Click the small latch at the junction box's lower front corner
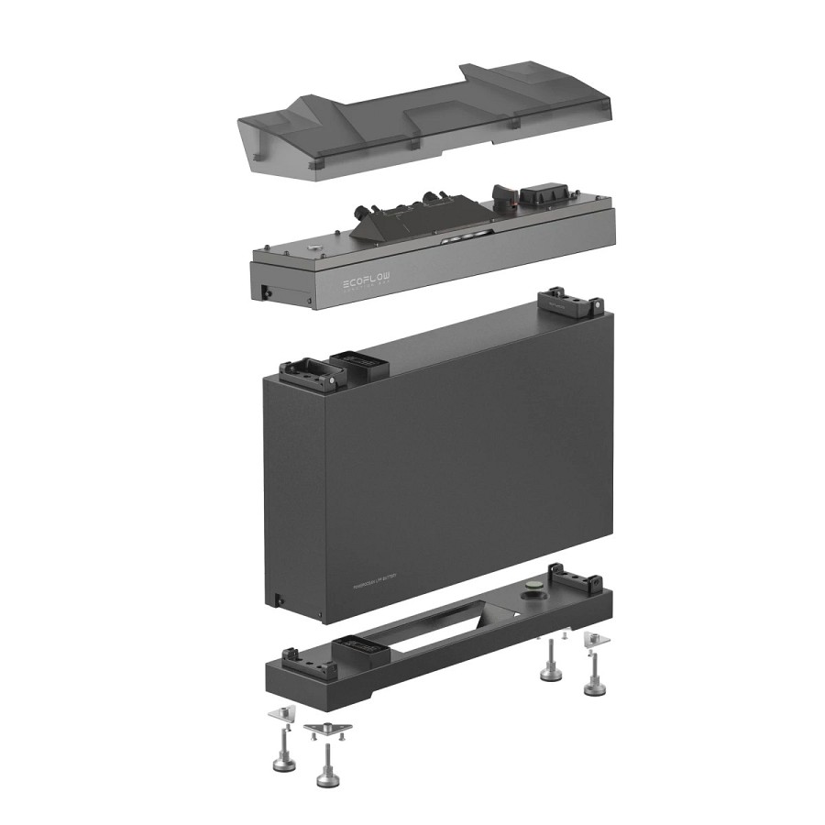tap(266, 291)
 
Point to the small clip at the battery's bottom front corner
tap(274, 600)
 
